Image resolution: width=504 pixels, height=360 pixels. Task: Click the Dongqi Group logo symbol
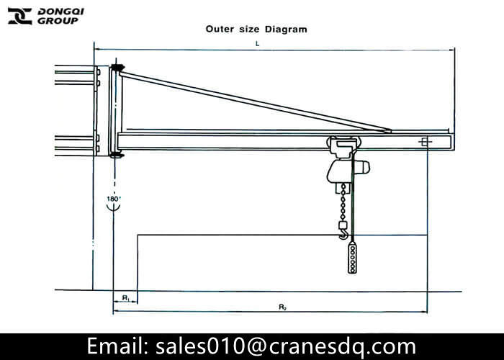[x=20, y=16]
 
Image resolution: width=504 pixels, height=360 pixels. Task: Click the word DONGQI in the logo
[x=60, y=12]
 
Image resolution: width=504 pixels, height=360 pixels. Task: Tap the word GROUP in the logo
[x=58, y=21]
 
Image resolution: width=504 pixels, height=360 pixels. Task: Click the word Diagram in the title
[x=286, y=30]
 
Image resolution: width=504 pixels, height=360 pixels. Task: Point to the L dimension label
[x=257, y=43]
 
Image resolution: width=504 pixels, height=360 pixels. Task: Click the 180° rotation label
[x=114, y=199]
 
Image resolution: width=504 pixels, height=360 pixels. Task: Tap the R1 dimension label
[x=126, y=298]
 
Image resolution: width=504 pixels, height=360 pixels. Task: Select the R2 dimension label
[x=282, y=307]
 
